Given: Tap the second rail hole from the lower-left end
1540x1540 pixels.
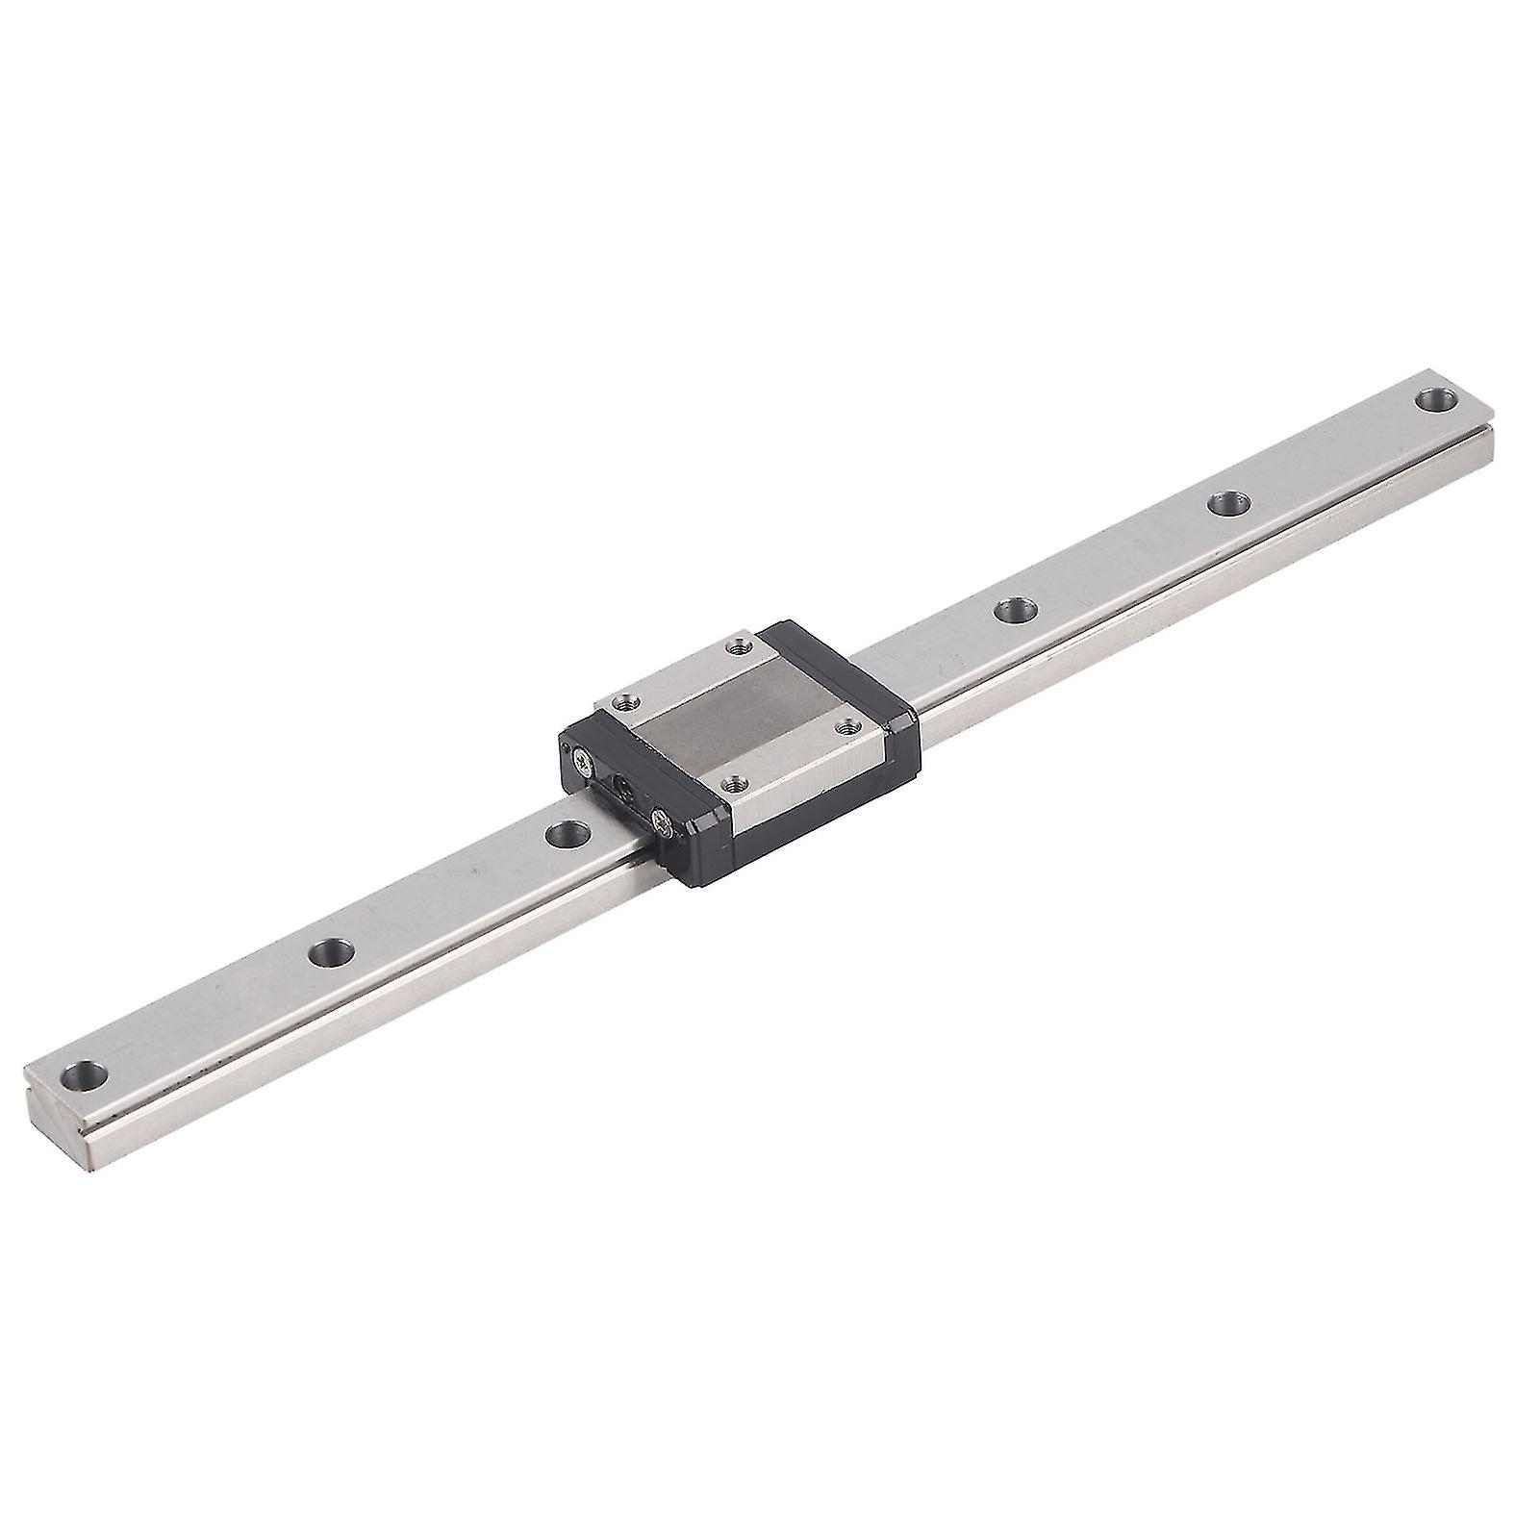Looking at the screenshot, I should coord(329,951).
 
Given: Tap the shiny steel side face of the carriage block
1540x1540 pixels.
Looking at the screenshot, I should coord(818,789).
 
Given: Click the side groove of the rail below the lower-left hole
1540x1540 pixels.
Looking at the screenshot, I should coord(192,1069).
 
